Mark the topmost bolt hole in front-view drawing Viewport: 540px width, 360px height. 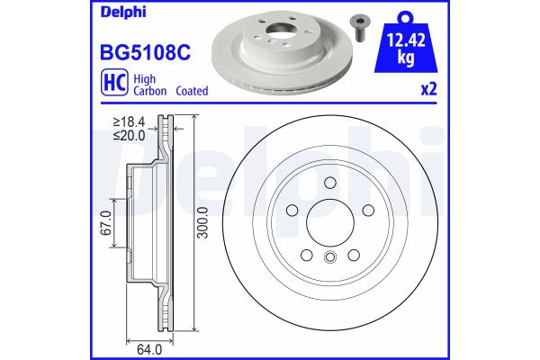(329, 183)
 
